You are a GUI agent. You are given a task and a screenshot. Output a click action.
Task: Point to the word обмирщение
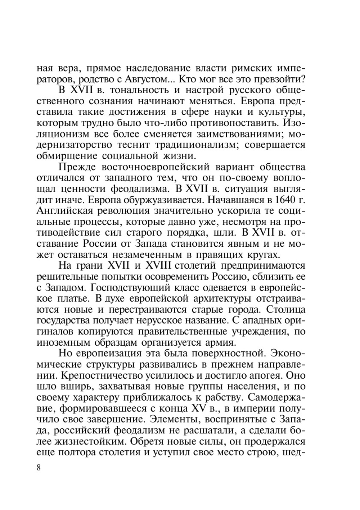point(67,156)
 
